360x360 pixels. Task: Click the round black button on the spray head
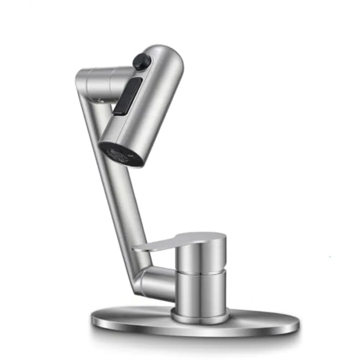coord(142,61)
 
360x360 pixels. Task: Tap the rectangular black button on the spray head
coord(128,96)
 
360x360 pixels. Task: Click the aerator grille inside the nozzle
coord(118,155)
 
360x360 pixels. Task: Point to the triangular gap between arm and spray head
coord(102,116)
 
